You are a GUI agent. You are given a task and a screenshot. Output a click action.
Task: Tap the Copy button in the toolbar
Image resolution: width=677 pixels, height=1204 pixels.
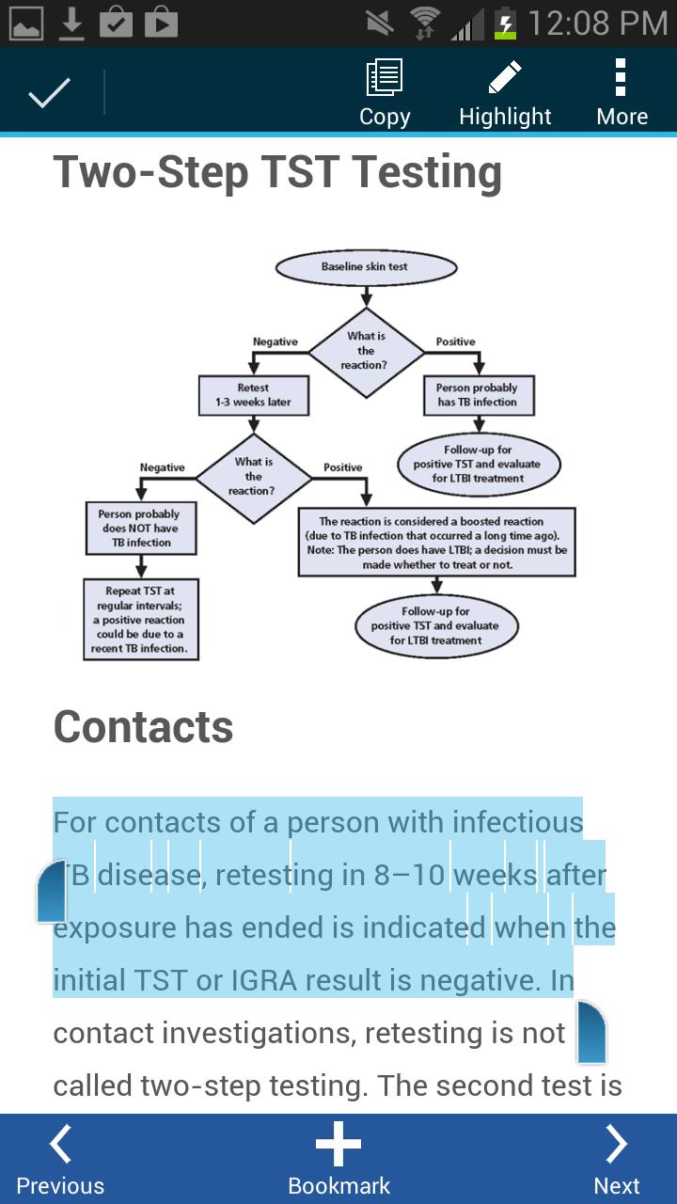[385, 92]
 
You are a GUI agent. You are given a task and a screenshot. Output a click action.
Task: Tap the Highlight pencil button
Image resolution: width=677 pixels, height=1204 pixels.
[505, 92]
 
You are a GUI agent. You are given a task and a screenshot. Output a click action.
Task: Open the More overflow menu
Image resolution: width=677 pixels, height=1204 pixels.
[621, 92]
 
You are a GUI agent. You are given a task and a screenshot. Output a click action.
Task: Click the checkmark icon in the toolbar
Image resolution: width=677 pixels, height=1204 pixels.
[49, 92]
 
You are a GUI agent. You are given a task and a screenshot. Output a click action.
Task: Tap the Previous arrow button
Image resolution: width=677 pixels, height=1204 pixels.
[60, 1160]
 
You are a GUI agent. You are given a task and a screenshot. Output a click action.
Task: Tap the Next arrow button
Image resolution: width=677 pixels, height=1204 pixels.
[617, 1160]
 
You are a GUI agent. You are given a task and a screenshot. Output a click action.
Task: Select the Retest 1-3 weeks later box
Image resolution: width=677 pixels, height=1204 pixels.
[252, 395]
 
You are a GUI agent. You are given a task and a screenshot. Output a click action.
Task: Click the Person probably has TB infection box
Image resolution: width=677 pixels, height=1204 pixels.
[477, 395]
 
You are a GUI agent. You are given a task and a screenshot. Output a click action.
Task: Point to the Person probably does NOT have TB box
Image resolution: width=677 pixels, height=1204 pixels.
[139, 529]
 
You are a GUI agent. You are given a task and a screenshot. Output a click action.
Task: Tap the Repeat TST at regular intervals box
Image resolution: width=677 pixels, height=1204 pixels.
[140, 619]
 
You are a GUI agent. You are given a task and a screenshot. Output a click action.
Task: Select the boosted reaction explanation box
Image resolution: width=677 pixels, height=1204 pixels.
[436, 543]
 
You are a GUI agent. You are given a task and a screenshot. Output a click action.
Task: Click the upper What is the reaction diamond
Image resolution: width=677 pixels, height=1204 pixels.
[366, 350]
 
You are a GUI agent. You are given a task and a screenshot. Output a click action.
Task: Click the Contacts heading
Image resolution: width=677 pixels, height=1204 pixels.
[143, 727]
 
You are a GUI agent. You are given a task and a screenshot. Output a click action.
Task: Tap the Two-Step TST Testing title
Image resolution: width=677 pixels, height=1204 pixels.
[277, 172]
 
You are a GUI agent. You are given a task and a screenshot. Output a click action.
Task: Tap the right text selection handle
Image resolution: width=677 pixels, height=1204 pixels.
[591, 1032]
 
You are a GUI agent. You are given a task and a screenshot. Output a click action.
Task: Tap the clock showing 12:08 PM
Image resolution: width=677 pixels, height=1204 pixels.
[597, 23]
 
